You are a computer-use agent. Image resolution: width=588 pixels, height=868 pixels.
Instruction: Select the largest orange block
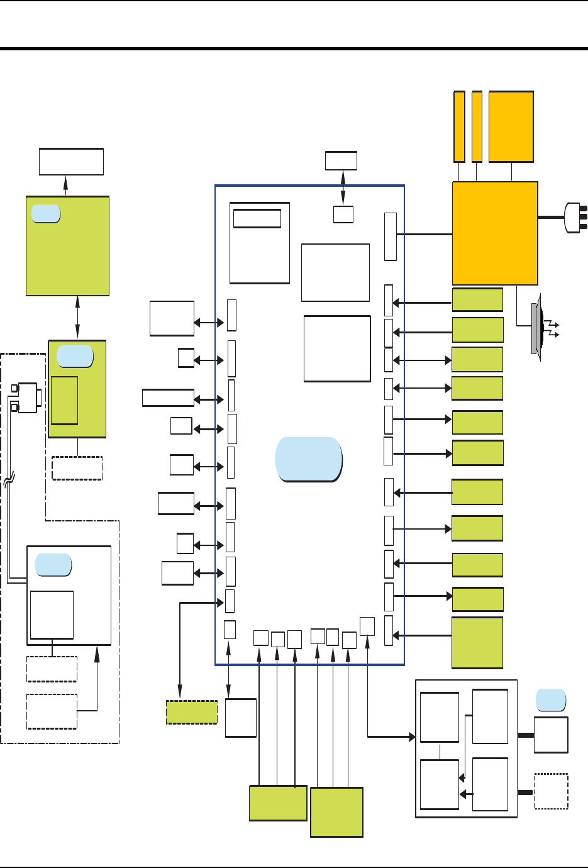tap(495, 233)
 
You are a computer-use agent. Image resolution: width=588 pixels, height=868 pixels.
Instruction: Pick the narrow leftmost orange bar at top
tap(459, 126)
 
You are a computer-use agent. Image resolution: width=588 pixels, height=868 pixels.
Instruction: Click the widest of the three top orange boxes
tap(511, 126)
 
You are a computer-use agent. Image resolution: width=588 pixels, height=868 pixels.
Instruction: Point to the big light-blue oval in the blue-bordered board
tap(309, 459)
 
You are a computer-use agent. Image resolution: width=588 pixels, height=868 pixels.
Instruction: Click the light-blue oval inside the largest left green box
tap(45, 214)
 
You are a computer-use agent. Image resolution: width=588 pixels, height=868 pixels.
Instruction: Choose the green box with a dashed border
tap(192, 712)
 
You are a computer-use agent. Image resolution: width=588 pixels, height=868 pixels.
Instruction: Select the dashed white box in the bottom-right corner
tap(551, 791)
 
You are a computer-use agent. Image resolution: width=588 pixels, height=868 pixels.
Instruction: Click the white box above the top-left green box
tap(71, 162)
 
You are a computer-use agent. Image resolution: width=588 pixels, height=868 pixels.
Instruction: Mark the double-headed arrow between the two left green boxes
tap(77, 318)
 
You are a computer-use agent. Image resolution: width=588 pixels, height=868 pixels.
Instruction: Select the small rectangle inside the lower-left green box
tap(64, 400)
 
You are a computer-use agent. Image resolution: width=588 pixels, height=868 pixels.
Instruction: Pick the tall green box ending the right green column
tap(477, 642)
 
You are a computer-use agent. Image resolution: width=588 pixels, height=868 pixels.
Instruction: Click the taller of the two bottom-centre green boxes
tap(336, 812)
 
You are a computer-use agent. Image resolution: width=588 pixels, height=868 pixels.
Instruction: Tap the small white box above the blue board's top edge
tap(341, 160)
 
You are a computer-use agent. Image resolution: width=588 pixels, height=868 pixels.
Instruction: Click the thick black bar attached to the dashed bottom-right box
tap(526, 793)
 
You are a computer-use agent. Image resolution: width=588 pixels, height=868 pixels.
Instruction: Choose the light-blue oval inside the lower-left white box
tap(53, 565)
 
